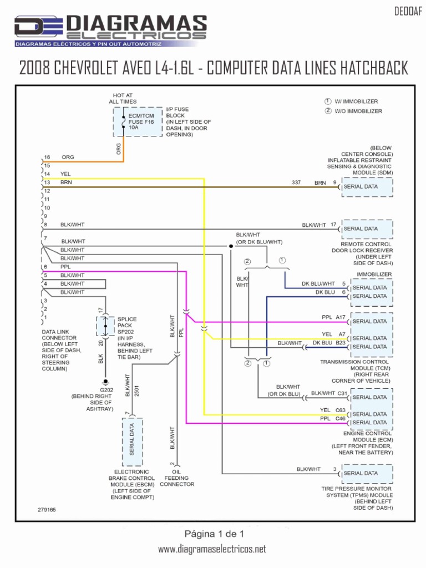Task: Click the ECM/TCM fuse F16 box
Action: (x=138, y=121)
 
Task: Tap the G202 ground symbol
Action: (x=105, y=382)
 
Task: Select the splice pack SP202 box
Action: (x=105, y=326)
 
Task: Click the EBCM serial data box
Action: (x=132, y=442)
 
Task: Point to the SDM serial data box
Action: (x=367, y=187)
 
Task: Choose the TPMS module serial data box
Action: (x=367, y=474)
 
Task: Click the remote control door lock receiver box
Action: (x=367, y=229)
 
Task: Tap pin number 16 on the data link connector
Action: (x=47, y=157)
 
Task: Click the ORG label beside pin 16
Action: (x=68, y=157)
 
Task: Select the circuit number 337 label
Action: (x=296, y=182)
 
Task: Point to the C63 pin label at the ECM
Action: (x=341, y=410)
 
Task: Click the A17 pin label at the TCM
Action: (x=341, y=317)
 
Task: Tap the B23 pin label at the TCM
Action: (x=341, y=343)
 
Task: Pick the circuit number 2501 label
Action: (x=137, y=391)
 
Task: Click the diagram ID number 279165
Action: (x=47, y=510)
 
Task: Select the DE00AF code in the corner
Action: (x=408, y=12)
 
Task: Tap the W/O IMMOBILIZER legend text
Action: (x=358, y=111)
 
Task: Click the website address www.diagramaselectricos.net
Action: (x=212, y=549)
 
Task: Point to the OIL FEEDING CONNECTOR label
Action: (x=177, y=478)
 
